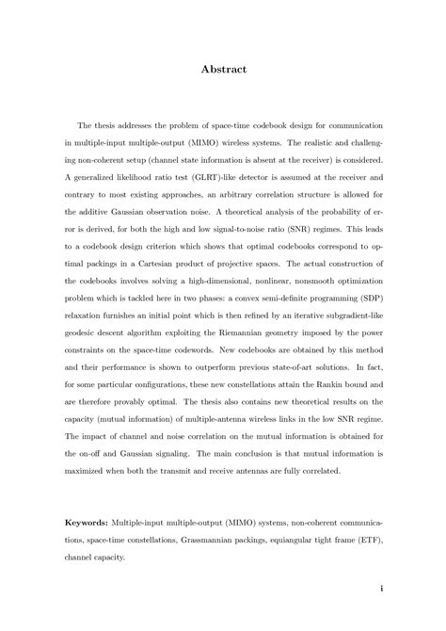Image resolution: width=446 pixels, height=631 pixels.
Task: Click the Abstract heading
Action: pos(223,68)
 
